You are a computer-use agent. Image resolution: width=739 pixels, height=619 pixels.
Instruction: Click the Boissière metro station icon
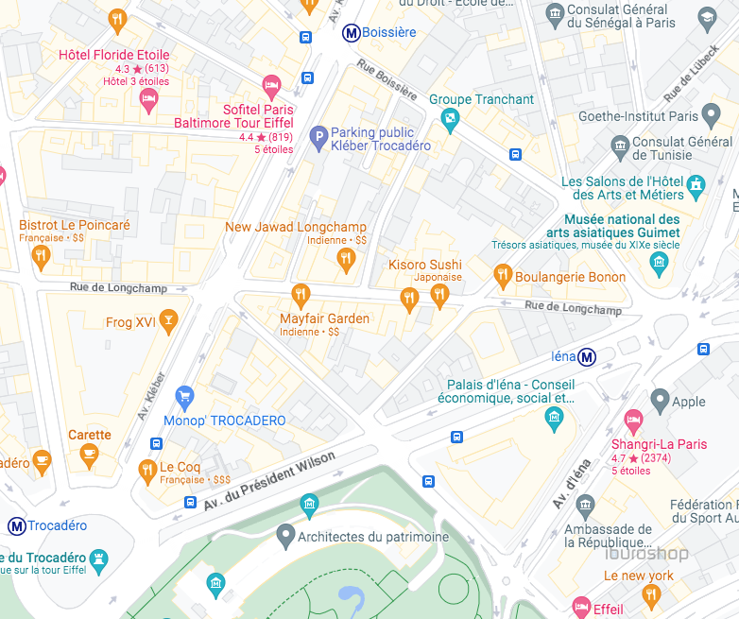pos(352,33)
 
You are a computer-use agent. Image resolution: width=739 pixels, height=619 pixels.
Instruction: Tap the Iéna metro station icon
pos(588,357)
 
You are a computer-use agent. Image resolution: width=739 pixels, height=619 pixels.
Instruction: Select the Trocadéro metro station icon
pos(16,525)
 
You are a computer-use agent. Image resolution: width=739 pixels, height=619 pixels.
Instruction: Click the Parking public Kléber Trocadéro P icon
pos(318,138)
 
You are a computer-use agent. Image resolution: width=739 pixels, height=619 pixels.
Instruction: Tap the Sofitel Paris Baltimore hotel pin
pos(271,87)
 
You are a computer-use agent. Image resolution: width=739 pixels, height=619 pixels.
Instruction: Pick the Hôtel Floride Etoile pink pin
pos(147,98)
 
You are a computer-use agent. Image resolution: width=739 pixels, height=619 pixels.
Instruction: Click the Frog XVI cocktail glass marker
pos(168,321)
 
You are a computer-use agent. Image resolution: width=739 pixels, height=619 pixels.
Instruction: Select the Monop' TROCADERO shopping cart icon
pos(185,397)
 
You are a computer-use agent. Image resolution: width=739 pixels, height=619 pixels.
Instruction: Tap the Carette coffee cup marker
pos(89,456)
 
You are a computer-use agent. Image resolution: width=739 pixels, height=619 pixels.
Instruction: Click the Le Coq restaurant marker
pos(146,469)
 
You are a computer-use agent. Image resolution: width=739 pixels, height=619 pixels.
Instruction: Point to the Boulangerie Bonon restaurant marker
pos(503,276)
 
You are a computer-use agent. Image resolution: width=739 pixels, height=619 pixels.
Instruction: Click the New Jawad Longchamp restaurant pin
pos(346,258)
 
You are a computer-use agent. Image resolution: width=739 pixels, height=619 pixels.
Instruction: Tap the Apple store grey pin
pos(660,401)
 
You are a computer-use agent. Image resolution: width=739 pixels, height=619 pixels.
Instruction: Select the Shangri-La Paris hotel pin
pos(633,421)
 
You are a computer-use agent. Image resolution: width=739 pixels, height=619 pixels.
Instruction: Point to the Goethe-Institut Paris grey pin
pos(713,117)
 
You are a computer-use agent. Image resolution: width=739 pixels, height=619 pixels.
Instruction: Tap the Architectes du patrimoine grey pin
pos(285,537)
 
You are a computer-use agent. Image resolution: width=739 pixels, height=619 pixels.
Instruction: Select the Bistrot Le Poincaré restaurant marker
pos(40,256)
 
